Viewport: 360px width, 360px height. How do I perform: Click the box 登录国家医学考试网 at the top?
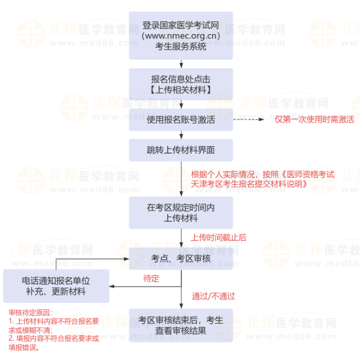tap(181, 35)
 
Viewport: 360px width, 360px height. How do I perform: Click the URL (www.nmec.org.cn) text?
tap(181, 36)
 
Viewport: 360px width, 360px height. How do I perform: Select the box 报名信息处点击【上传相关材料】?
tap(181, 84)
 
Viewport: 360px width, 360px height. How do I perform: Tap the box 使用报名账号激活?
tap(181, 119)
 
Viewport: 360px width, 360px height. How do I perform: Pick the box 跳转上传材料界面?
tap(181, 149)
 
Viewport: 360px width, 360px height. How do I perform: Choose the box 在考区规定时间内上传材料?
tap(181, 213)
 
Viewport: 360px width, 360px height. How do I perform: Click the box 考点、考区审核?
tap(181, 258)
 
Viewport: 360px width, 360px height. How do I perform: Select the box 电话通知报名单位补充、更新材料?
tap(56, 286)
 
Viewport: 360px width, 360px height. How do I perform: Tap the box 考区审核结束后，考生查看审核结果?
tap(181, 325)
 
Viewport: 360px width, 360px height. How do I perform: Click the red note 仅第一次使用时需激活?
tap(314, 119)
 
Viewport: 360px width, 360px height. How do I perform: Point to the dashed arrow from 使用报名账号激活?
tap(250, 119)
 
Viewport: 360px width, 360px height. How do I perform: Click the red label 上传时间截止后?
tap(218, 237)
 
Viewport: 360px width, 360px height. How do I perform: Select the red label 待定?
tap(151, 279)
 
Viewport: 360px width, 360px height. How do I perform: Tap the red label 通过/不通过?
tap(213, 296)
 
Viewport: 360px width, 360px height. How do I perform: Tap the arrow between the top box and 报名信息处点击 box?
tap(181, 64)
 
